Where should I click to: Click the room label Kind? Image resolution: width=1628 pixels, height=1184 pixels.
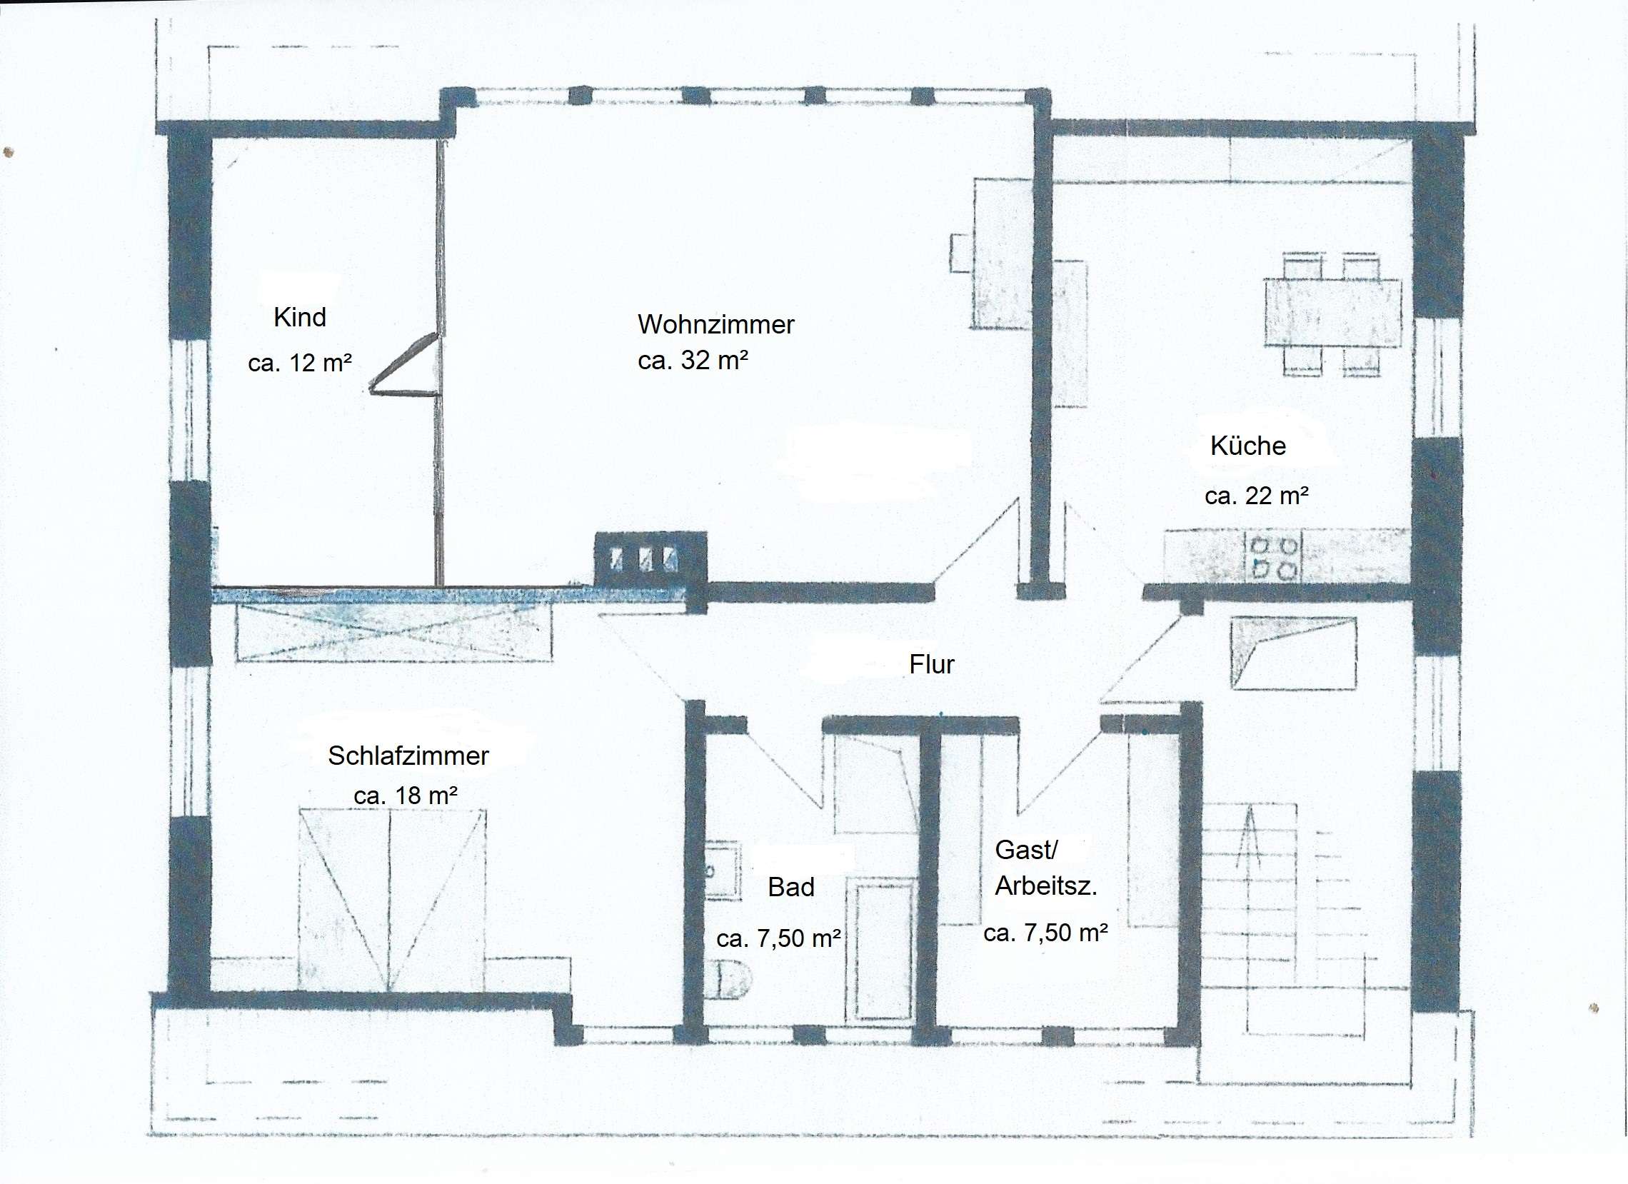300,317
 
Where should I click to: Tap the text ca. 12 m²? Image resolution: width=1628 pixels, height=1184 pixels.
300,363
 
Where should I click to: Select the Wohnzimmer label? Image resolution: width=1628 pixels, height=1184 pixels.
715,324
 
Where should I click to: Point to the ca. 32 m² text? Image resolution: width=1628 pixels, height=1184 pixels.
693,360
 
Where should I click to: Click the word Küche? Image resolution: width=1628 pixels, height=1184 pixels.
1247,446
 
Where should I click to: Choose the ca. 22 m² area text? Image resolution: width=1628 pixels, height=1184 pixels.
1257,496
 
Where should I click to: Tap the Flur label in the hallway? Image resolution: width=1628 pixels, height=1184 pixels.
932,664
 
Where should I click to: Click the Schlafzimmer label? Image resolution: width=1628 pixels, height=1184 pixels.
408,756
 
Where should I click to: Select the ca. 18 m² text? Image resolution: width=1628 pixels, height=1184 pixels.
406,796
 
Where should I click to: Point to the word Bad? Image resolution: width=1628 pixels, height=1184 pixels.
791,888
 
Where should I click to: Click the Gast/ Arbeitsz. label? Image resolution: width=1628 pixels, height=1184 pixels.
1046,868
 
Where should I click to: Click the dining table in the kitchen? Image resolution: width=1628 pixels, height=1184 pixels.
1332,313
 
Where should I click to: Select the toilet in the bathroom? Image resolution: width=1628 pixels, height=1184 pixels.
728,979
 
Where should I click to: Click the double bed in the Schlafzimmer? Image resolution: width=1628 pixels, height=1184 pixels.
392,900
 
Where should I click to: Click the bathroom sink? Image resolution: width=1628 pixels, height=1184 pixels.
722,871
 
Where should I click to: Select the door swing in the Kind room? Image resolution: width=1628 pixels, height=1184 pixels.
403,365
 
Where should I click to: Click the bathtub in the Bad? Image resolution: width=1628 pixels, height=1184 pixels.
880,949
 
